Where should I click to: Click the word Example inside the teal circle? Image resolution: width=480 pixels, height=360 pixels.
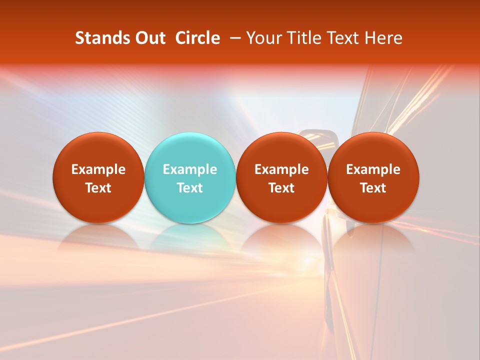coord(190,169)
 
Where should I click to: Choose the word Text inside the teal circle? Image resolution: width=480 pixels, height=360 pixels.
coord(190,188)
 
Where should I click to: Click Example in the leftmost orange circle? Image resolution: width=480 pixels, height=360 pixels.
coord(98,169)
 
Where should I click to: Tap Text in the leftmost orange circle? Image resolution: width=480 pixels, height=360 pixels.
coord(98,188)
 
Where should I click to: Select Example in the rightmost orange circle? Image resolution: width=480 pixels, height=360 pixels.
coord(373,169)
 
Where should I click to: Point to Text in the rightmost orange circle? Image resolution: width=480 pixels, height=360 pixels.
coord(373,188)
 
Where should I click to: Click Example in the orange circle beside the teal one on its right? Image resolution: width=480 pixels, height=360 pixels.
coord(281,169)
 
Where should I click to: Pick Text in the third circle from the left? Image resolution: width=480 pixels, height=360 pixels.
coord(281,188)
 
